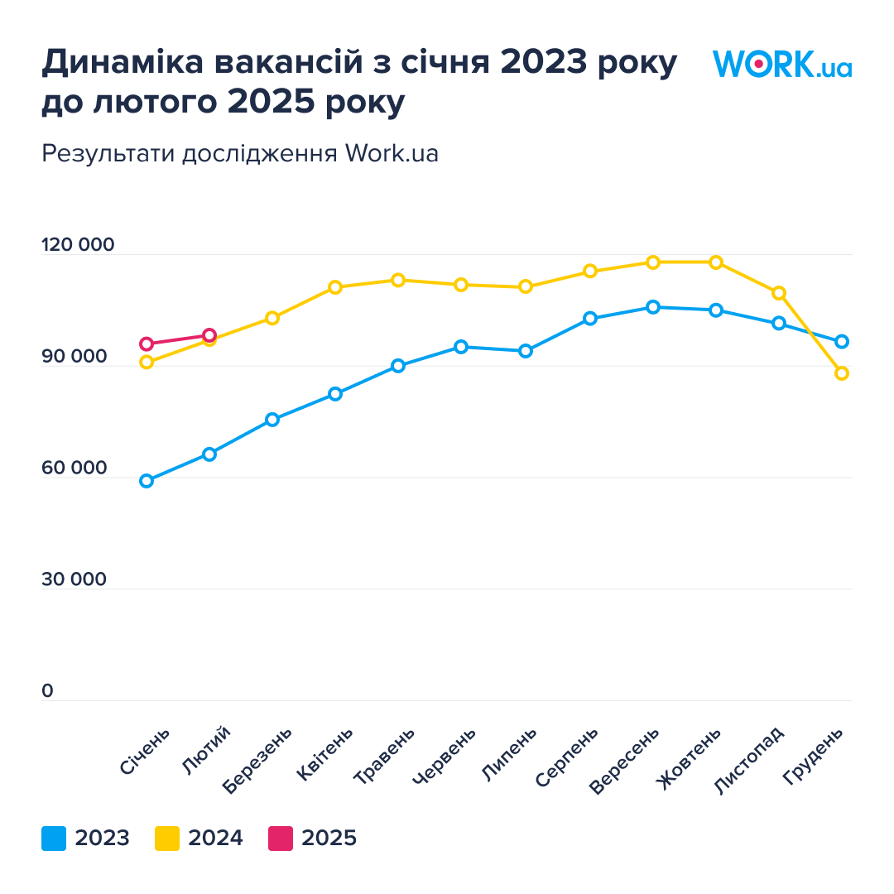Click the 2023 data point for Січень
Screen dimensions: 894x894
pyautogui.click(x=147, y=481)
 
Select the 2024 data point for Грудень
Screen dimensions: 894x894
pyautogui.click(x=842, y=373)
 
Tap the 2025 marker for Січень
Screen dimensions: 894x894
pyautogui.click(x=147, y=344)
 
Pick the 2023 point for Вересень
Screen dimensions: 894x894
pyautogui.click(x=653, y=307)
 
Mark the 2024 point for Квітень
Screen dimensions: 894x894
pyautogui.click(x=335, y=287)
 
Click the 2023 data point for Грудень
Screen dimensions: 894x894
pyautogui.click(x=842, y=342)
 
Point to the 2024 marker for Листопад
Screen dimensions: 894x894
pyautogui.click(x=779, y=293)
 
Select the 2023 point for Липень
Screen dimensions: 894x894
pyautogui.click(x=526, y=351)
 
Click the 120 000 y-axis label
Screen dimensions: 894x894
pyautogui.click(x=78, y=246)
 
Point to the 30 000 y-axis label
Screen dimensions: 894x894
pyautogui.click(x=74, y=579)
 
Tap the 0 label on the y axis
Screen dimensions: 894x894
pyautogui.click(x=47, y=691)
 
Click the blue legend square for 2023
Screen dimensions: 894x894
pyautogui.click(x=54, y=839)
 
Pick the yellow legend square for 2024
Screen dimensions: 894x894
pyautogui.click(x=167, y=839)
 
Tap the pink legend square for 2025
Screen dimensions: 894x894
pyautogui.click(x=281, y=839)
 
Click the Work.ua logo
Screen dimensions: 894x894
pyautogui.click(x=782, y=65)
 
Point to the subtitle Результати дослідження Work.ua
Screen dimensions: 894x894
pyautogui.click(x=240, y=153)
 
